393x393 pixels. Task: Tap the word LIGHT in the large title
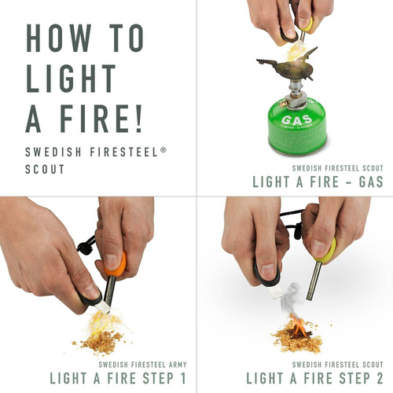coord(68,79)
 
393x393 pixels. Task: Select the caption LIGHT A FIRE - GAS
coord(318,182)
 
